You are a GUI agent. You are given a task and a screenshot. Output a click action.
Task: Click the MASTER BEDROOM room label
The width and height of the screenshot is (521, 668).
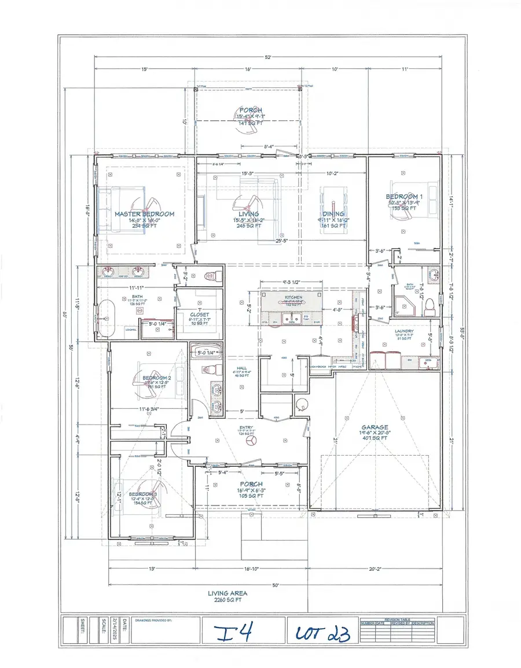pyautogui.click(x=144, y=214)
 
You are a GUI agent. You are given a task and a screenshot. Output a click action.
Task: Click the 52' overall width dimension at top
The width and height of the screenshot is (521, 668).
pyautogui.click(x=268, y=57)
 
